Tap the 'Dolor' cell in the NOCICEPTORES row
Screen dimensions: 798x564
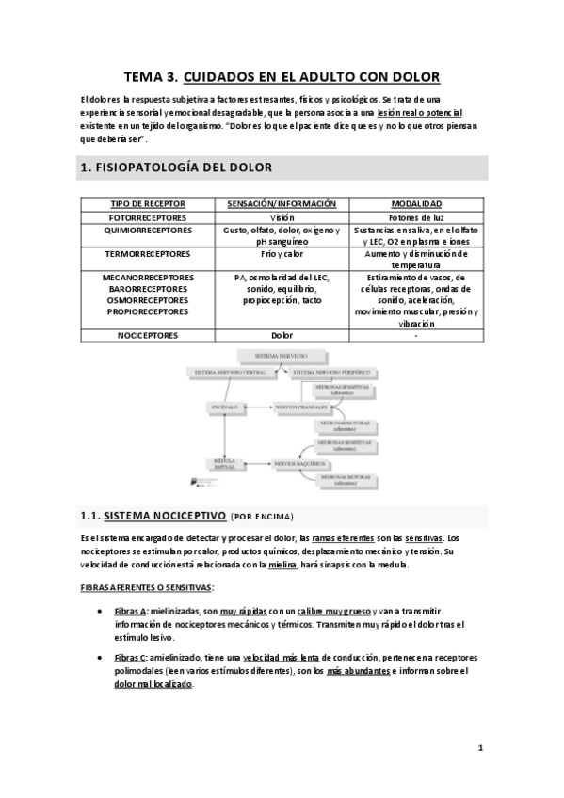tap(282, 334)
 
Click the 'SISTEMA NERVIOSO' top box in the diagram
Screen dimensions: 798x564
tap(282, 356)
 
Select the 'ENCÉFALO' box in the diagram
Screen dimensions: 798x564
tap(225, 407)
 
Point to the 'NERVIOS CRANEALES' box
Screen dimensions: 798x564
tap(300, 407)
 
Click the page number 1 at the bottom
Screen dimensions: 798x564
tap(480, 748)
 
